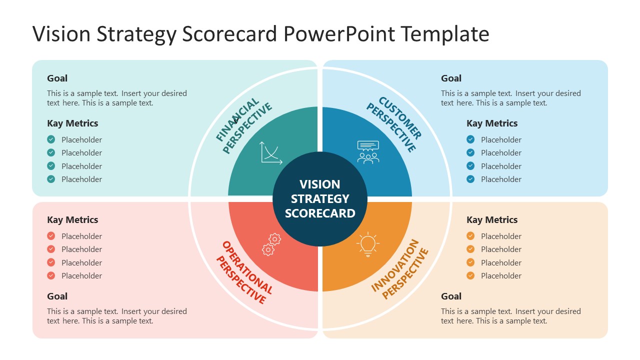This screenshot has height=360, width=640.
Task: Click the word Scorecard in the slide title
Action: point(229,34)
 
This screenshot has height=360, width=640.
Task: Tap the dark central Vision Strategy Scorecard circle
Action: point(320,199)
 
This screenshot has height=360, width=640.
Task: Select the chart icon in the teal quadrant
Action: point(271,152)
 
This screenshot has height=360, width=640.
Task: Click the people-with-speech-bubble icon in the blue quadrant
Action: point(368,152)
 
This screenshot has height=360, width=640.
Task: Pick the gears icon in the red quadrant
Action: point(271,244)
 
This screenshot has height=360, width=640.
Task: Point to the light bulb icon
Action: point(368,244)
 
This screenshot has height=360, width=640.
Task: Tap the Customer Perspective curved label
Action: point(395,124)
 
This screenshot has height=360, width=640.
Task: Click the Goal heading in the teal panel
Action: point(57,78)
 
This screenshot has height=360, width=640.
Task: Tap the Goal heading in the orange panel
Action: point(451,296)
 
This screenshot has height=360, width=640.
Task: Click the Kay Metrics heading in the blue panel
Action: point(492,123)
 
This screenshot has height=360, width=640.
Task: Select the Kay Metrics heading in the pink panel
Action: point(72,220)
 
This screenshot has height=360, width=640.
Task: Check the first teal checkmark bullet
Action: point(51,139)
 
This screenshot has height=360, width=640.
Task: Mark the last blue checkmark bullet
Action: point(470,179)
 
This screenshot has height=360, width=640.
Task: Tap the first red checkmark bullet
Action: point(51,236)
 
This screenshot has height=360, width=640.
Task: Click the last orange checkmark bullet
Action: point(470,275)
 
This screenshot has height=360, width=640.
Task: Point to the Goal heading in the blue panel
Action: point(451,78)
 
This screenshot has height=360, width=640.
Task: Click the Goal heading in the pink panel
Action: point(57,296)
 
